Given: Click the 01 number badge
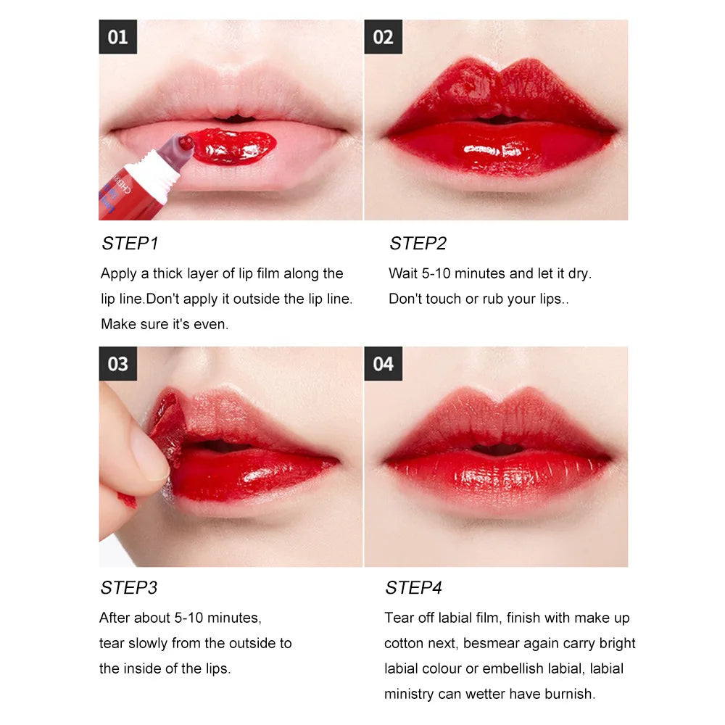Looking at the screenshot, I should pos(117,37).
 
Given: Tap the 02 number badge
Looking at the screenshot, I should pos(383,37).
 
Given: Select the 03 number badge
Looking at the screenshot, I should pos(117,363).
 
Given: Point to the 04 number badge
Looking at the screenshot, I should pos(383,363).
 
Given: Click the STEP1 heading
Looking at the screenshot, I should pos(130,244).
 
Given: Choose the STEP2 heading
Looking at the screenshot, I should pos(418,244).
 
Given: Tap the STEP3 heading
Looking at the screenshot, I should pos(129,587).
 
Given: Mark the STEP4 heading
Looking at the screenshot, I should pos(413,587).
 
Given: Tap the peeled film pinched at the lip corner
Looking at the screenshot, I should pos(166,428).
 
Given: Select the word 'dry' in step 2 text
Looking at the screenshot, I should pos(578,273).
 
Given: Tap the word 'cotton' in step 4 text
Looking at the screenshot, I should pos(404,643).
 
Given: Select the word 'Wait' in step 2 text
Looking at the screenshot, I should pos(402,273).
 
